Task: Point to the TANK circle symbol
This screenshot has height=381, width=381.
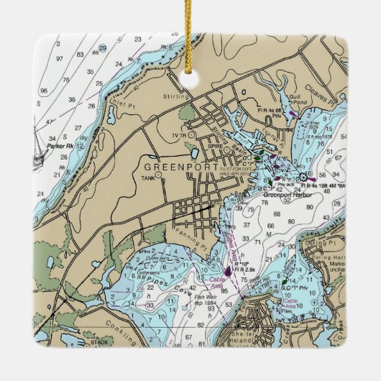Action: click(158, 174)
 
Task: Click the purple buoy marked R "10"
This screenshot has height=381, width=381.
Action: click(229, 271)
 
